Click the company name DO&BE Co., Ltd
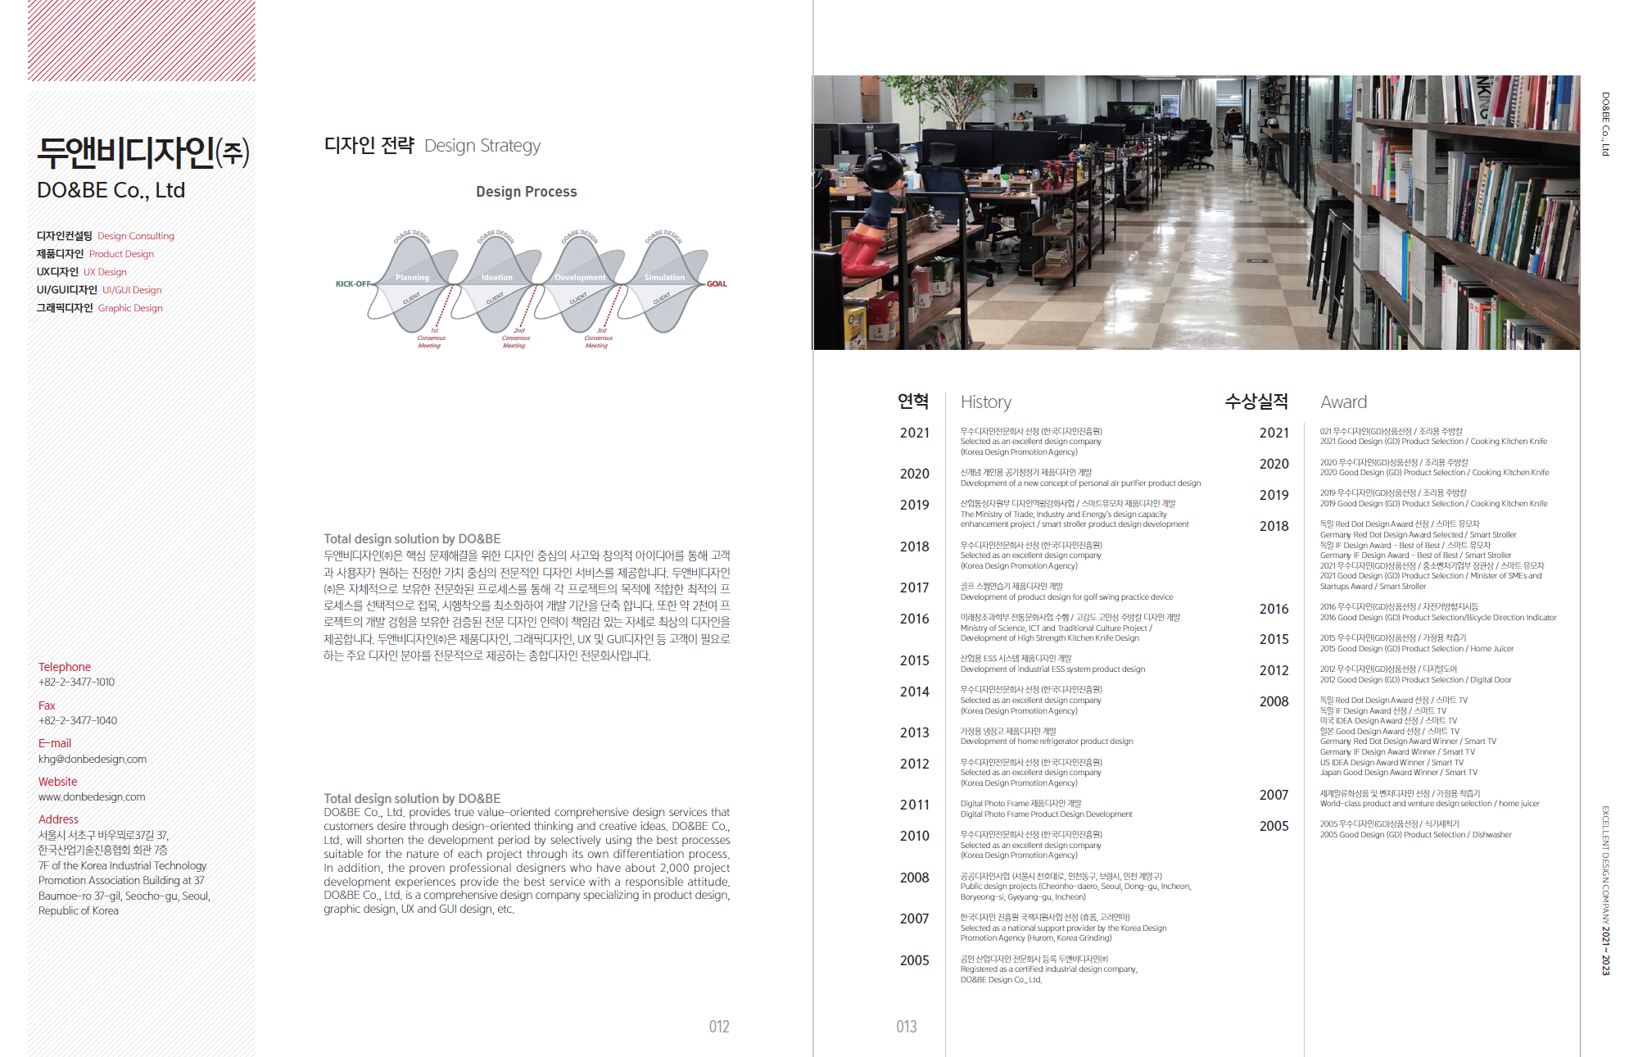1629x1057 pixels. click(111, 190)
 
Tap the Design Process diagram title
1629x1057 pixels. click(527, 192)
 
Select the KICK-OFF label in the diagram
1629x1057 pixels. click(352, 284)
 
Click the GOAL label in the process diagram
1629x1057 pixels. click(717, 284)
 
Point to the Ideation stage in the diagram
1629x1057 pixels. click(496, 278)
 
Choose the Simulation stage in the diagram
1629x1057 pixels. click(664, 278)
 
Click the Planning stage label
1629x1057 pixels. click(412, 278)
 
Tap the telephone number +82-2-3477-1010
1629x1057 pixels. click(76, 683)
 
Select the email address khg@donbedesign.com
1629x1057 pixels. click(93, 760)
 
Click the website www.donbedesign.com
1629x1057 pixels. click(92, 797)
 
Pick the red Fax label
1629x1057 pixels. click(47, 705)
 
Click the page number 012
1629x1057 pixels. click(719, 1027)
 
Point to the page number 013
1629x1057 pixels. click(907, 1027)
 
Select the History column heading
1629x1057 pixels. click(986, 402)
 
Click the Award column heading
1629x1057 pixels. click(1343, 402)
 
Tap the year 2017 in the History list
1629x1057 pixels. click(914, 588)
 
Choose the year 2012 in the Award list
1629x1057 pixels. click(1274, 671)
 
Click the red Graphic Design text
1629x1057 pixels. click(130, 308)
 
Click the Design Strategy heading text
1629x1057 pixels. click(482, 146)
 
